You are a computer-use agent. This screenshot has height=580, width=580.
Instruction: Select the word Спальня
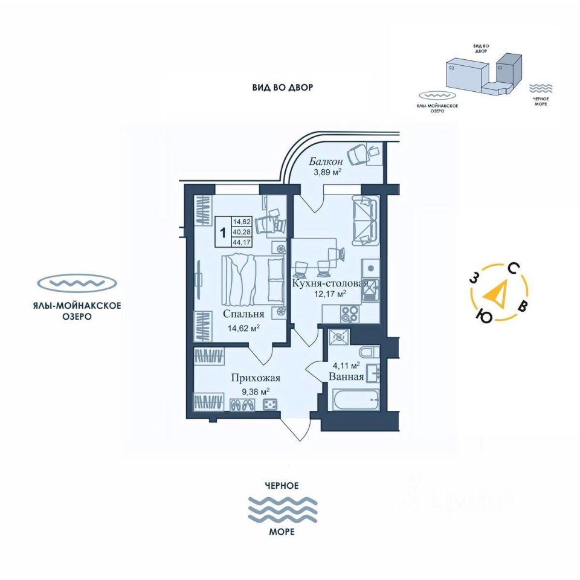[243, 314]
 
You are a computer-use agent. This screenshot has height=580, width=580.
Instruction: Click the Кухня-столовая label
[330, 283]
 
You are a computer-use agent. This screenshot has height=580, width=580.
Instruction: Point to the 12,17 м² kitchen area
[329, 294]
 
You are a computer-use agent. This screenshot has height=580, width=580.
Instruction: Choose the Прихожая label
[256, 379]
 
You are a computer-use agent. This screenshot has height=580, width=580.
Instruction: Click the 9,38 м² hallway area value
[256, 391]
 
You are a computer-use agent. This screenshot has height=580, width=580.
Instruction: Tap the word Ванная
[346, 376]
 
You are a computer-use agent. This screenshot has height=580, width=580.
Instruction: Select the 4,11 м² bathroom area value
[346, 365]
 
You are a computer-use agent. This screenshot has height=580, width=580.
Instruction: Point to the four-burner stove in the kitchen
[349, 314]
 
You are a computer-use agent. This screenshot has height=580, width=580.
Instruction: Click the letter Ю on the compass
[483, 316]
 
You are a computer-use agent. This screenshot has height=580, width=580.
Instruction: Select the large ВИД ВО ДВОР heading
[283, 88]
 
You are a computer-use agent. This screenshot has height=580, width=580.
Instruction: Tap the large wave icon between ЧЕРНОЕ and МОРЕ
[283, 509]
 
